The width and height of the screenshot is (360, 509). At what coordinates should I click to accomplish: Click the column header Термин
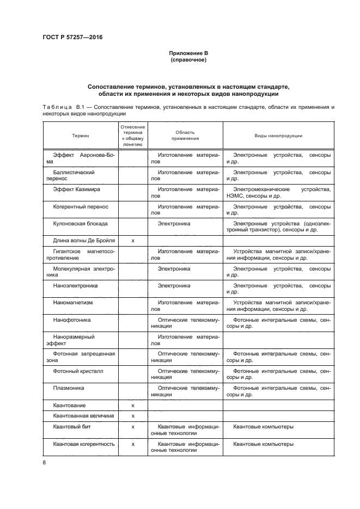81,136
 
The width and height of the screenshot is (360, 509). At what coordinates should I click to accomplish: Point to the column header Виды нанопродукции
278,136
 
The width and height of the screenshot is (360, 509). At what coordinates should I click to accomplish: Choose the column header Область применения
185,136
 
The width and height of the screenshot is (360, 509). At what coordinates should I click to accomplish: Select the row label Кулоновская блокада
80,223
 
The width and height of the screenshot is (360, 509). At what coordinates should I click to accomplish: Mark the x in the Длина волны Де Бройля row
133,240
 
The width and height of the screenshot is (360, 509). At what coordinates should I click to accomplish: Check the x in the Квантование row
133,406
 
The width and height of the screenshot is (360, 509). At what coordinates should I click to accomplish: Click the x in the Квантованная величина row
133,416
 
